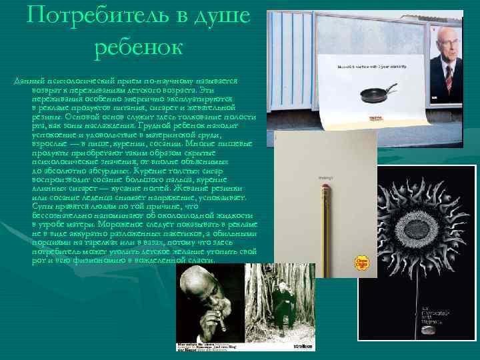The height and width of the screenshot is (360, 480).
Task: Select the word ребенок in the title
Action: pyautogui.click(x=137, y=47)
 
